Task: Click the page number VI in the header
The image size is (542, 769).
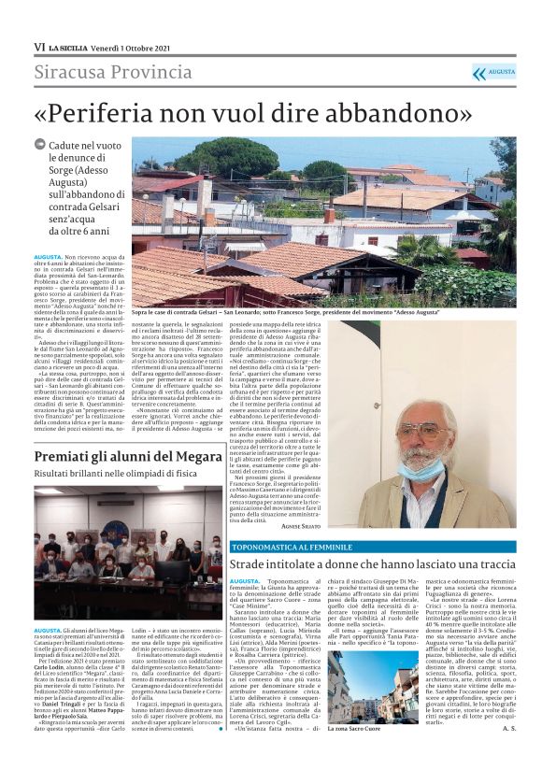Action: [x=38, y=46]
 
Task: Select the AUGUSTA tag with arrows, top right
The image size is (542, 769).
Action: [x=493, y=72]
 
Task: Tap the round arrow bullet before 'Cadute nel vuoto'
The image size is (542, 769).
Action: [x=38, y=145]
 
